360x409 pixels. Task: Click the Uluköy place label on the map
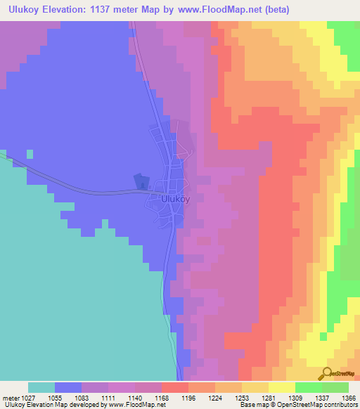176,199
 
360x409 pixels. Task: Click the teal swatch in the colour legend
41,387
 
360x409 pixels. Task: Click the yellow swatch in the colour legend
281,387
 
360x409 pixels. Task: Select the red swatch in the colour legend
174,387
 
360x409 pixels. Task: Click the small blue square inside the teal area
30,153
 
